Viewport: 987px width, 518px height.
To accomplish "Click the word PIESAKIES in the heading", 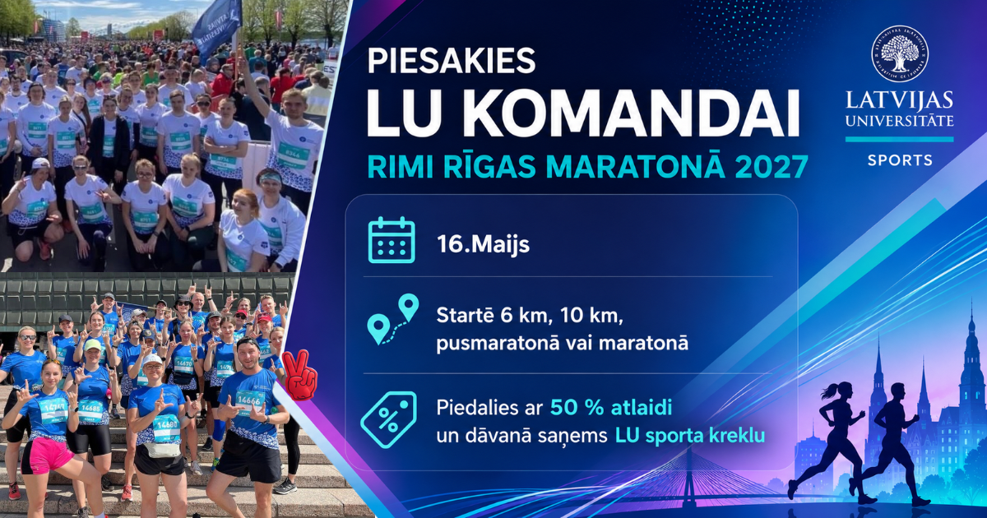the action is click(x=452, y=61).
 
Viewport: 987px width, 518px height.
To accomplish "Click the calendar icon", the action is click(x=392, y=240).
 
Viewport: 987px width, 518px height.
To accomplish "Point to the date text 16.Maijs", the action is click(x=483, y=244).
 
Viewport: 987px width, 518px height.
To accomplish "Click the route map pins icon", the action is click(x=392, y=319).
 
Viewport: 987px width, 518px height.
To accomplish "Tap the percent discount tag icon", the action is click(x=388, y=419).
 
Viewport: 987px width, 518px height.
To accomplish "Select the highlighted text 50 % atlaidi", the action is click(x=610, y=409).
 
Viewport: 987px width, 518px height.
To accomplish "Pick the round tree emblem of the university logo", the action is click(x=900, y=53).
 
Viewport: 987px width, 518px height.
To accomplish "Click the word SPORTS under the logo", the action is click(x=900, y=160).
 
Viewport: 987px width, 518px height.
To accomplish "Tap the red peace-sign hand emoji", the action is click(x=299, y=375).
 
